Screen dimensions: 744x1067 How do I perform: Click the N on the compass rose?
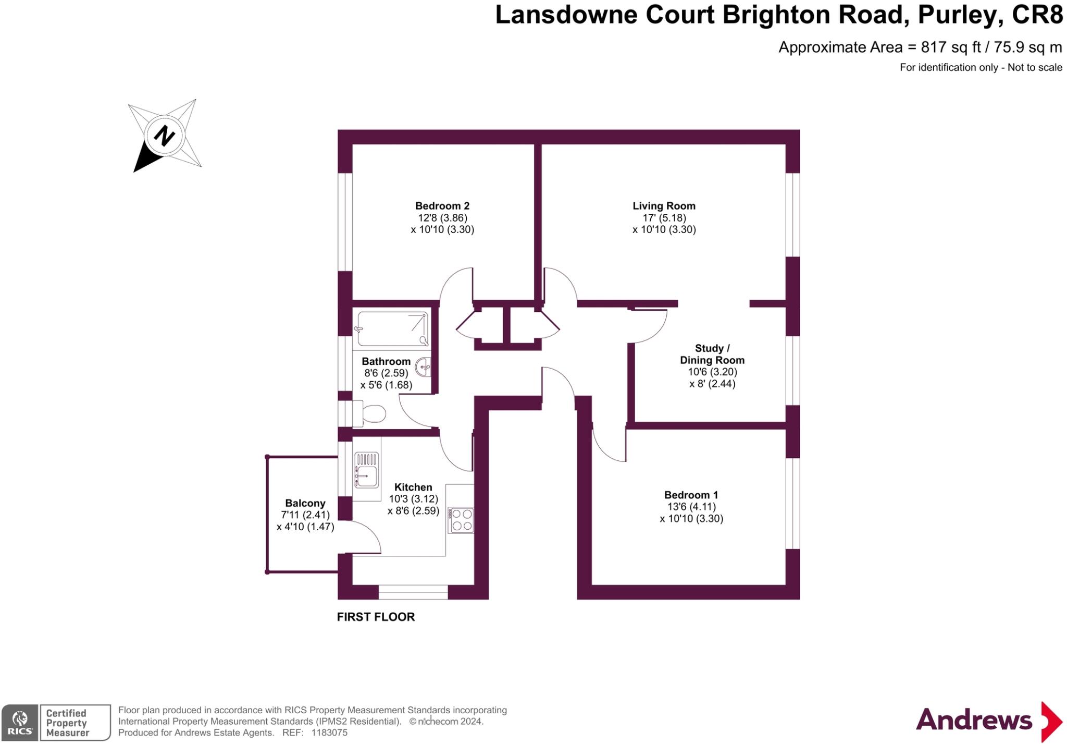165,136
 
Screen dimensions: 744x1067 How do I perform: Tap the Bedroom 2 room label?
442,206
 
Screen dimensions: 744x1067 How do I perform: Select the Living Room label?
664,206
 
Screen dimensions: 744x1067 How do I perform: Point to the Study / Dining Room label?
712,354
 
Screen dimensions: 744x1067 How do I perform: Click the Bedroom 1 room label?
691,495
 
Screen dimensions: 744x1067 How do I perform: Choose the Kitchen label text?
413,487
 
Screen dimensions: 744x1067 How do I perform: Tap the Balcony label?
305,503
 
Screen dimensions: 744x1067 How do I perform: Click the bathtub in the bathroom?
392,329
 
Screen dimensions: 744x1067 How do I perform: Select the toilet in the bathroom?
370,414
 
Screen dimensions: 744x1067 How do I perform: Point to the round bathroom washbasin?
423,367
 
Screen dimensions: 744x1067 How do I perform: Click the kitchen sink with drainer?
367,470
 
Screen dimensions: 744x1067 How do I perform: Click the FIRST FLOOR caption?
376,617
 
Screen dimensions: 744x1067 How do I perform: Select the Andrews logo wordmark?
974,721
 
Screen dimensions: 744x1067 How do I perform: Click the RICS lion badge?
20,723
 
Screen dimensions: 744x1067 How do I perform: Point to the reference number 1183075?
329,733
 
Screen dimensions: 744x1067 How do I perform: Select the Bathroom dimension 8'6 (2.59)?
386,373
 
